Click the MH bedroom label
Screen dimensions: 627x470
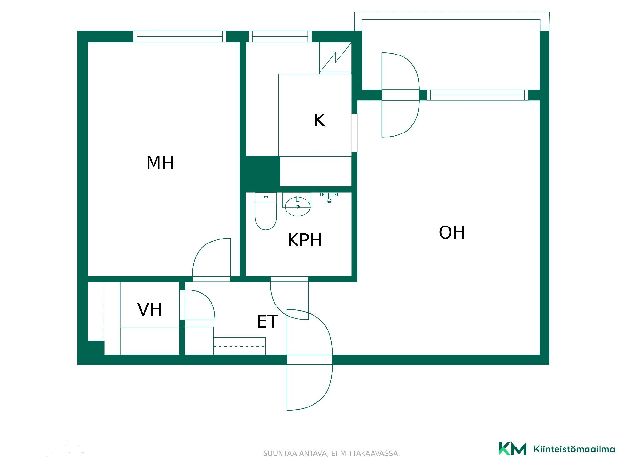point(160,163)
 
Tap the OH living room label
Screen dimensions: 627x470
point(452,233)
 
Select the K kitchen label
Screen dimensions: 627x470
point(319,120)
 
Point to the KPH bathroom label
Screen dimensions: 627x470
point(305,240)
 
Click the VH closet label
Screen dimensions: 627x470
point(150,310)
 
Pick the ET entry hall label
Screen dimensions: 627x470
point(267,322)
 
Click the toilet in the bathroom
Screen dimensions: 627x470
point(266,211)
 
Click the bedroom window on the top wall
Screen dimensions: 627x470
point(180,37)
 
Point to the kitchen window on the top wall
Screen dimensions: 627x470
point(280,37)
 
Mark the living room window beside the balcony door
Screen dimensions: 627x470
point(478,95)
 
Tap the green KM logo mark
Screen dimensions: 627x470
point(512,448)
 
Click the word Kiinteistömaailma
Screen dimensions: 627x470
point(574,449)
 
